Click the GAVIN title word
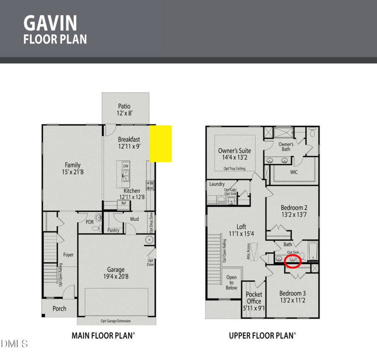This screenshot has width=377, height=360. [50, 23]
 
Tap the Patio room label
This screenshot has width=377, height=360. [125, 110]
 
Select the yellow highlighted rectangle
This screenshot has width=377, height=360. [161, 143]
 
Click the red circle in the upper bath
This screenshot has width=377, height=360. [292, 261]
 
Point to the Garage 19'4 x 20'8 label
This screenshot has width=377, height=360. [115, 273]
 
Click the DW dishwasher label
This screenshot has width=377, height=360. [125, 166]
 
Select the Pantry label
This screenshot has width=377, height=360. [113, 230]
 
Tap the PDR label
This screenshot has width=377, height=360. [90, 222]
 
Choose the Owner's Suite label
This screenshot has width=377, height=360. [235, 154]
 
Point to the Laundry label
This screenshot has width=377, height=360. [217, 184]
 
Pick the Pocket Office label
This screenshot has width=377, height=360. [254, 301]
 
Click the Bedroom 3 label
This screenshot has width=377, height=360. [293, 296]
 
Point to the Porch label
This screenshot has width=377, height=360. [59, 309]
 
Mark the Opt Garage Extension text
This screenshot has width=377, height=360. [116, 321]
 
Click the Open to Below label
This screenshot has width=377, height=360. [231, 283]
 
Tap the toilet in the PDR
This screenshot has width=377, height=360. [96, 229]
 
